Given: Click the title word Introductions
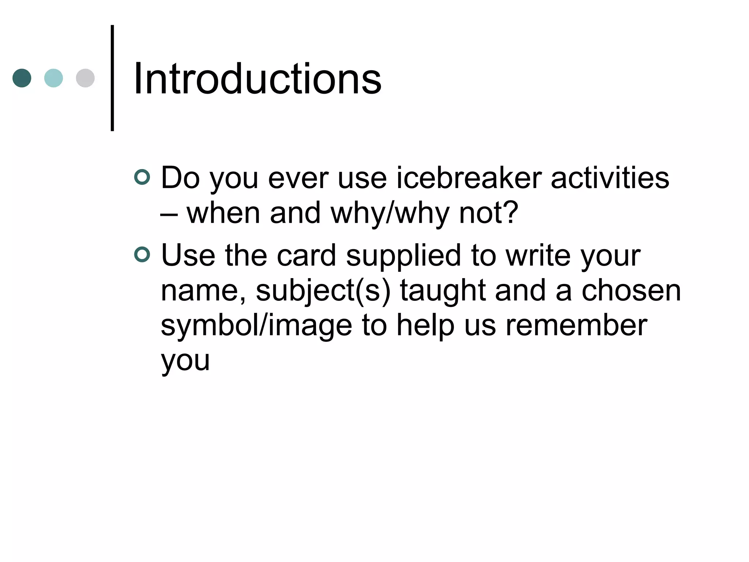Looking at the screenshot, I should coord(257,79).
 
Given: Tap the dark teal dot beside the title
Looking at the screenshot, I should coord(22,78).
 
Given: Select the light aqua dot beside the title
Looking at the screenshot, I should coord(53,78).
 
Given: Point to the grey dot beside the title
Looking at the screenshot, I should coord(85,78).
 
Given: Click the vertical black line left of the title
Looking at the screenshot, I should coord(112,78).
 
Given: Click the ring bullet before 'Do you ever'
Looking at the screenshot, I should coord(142,177).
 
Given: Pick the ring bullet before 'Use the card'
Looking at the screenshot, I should coord(142,255).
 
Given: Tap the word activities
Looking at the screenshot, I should coord(610,178).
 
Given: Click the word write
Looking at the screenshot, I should coord(538,256).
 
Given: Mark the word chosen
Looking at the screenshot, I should coord(631,291).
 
